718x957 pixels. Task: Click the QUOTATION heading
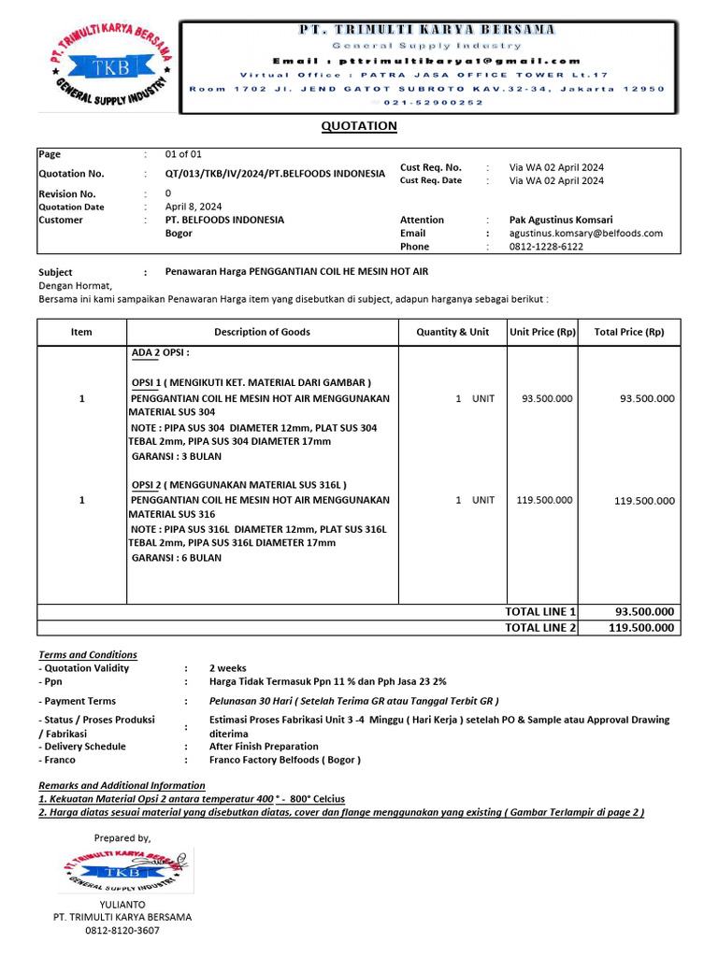pos(359,126)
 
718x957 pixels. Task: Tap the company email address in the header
pos(427,60)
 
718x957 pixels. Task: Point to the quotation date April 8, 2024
pos(194,207)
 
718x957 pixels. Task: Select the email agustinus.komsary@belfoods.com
pos(585,234)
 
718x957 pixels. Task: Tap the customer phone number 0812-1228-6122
pos(546,247)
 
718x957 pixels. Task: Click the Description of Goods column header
pos(262,332)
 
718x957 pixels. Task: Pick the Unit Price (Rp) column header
pos(541,332)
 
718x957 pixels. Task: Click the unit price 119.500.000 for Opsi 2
pos(544,500)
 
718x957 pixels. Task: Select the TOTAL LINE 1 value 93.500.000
pos(643,612)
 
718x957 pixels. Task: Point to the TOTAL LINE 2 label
pos(540,628)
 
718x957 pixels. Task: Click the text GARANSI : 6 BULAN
pos(176,558)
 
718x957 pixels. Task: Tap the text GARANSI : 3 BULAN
pos(176,456)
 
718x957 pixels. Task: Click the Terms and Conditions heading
pos(88,654)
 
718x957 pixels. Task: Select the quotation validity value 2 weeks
pos(227,668)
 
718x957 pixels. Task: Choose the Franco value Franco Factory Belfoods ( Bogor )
pos(284,760)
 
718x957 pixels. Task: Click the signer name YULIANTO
pos(122,905)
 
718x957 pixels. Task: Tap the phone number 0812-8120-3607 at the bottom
pos(122,931)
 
